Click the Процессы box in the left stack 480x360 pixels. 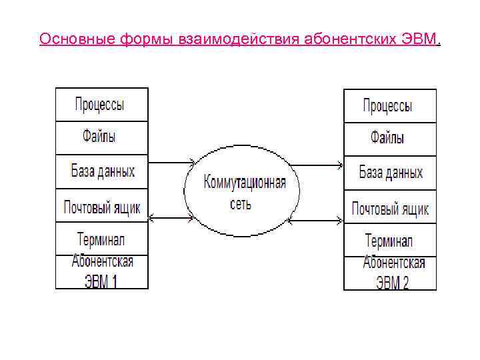click(101, 105)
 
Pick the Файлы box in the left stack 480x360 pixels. click(101, 137)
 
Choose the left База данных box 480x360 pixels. click(101, 171)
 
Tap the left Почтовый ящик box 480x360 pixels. click(101, 207)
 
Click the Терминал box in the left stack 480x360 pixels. click(101, 239)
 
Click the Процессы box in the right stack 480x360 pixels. click(389, 105)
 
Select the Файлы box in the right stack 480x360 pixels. click(389, 139)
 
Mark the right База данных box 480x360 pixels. click(389, 173)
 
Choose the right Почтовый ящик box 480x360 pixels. click(389, 209)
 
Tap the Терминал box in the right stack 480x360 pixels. click(389, 241)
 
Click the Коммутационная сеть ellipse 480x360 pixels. click(242, 191)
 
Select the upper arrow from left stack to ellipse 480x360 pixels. click(171, 161)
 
